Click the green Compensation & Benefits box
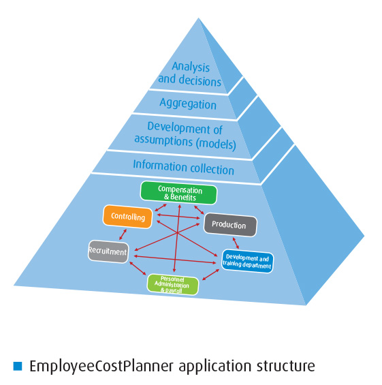(x=178, y=193)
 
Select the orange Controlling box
(x=127, y=217)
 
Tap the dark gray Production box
(x=230, y=225)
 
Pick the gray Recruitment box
(x=108, y=251)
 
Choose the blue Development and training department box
(x=247, y=262)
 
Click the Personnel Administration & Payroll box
(x=172, y=285)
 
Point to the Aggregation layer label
(x=188, y=104)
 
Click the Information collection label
(x=183, y=168)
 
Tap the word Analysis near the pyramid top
(x=191, y=67)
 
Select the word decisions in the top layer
(x=200, y=80)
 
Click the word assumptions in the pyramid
(x=163, y=140)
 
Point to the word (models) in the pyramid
(x=216, y=143)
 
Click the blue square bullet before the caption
(x=18, y=366)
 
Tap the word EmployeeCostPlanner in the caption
(x=101, y=367)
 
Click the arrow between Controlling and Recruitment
(x=123, y=234)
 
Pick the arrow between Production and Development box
(x=236, y=243)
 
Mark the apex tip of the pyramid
(x=198, y=18)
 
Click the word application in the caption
(x=214, y=367)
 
